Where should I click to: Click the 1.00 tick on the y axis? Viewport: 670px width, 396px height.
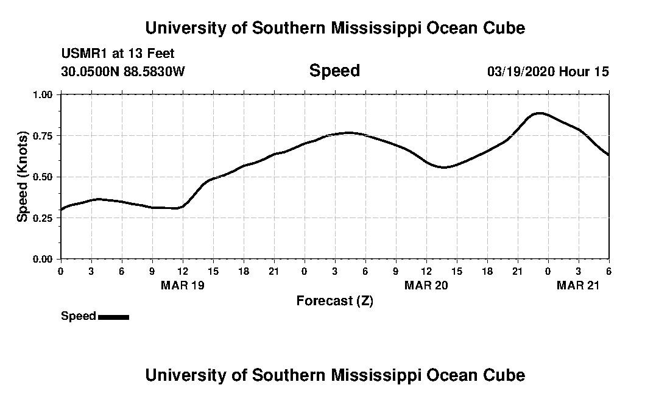(x=43, y=94)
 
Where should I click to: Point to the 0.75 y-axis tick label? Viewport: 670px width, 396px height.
(x=43, y=135)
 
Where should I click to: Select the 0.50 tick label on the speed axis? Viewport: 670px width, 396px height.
(x=43, y=177)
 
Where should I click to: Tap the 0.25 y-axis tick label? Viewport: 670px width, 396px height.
(x=43, y=218)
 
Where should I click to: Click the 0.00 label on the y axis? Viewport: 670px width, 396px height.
(x=43, y=260)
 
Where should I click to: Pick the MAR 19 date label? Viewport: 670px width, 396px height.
(x=183, y=285)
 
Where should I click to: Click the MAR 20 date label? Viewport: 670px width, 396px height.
(x=426, y=285)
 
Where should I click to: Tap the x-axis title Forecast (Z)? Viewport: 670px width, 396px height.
(x=334, y=300)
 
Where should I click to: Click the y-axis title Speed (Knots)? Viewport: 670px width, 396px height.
(x=23, y=176)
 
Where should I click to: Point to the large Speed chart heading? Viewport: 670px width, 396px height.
(x=334, y=71)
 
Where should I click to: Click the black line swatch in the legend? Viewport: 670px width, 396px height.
(x=113, y=317)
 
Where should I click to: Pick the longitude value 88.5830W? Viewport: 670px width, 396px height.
(x=155, y=71)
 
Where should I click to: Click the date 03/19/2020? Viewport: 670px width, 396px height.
(x=521, y=72)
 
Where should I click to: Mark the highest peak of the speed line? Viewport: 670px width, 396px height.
(x=539, y=113)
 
